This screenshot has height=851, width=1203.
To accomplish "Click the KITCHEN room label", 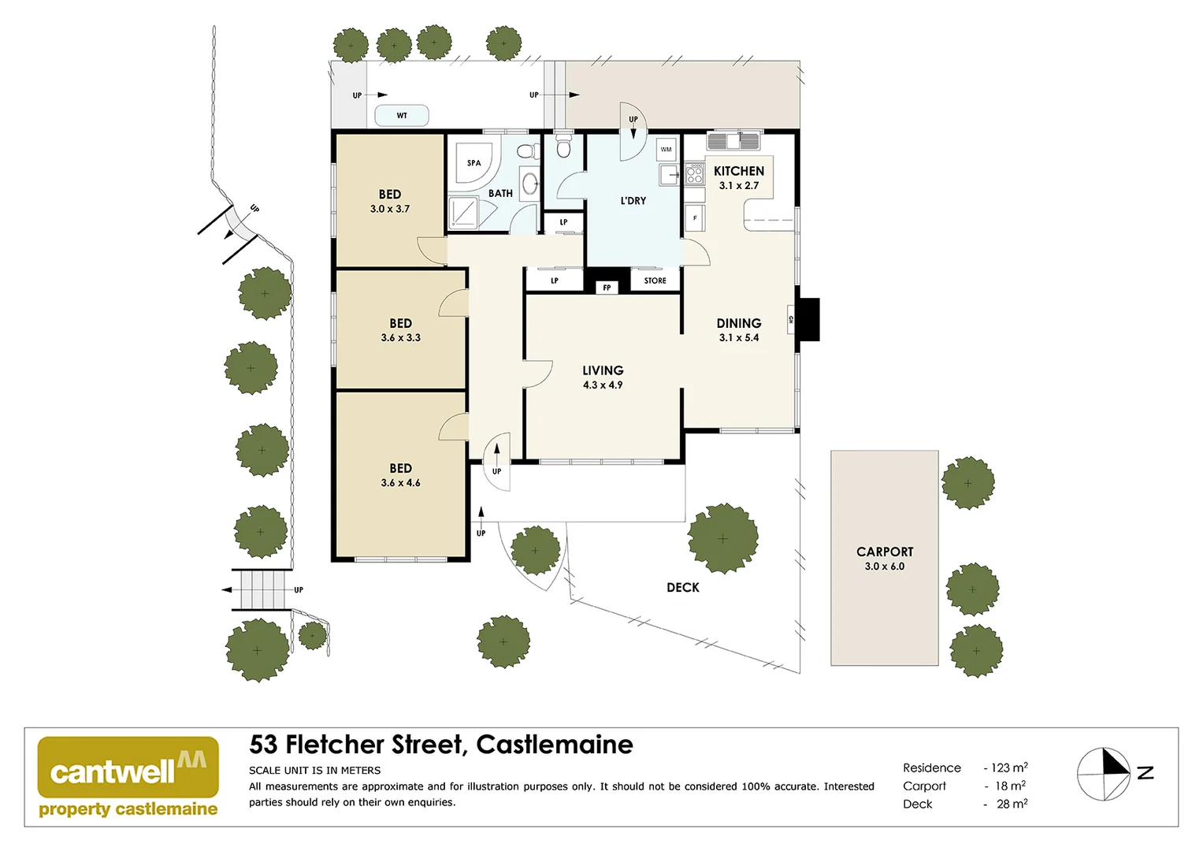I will click(x=738, y=171).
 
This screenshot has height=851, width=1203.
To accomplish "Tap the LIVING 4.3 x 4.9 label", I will click(x=603, y=377).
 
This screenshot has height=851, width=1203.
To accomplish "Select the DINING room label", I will click(x=738, y=323).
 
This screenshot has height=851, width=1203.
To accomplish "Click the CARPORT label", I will click(x=885, y=552).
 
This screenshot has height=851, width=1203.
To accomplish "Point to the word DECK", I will click(x=682, y=588).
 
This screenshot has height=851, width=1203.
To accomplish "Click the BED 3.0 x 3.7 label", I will click(x=390, y=201).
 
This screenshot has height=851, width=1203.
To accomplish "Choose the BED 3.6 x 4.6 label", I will click(x=400, y=475).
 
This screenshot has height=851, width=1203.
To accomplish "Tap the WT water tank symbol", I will click(x=402, y=116).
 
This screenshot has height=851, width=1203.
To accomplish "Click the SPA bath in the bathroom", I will click(x=473, y=162).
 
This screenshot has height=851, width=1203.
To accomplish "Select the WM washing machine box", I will click(x=666, y=149).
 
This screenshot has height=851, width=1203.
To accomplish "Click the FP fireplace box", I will click(x=607, y=288).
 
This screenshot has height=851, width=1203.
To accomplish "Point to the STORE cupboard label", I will click(x=655, y=281).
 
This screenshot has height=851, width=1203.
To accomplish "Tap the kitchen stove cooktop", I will click(x=694, y=174).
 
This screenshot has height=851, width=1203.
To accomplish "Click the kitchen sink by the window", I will click(x=733, y=142).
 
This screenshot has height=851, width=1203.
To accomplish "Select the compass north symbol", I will click(x=1104, y=774).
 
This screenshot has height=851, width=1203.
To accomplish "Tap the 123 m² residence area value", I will click(x=1009, y=767).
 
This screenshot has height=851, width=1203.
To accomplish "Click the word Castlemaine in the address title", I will click(x=555, y=745).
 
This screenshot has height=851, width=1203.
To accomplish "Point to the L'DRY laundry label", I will click(x=633, y=201).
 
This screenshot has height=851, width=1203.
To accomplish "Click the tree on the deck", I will click(x=722, y=539).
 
